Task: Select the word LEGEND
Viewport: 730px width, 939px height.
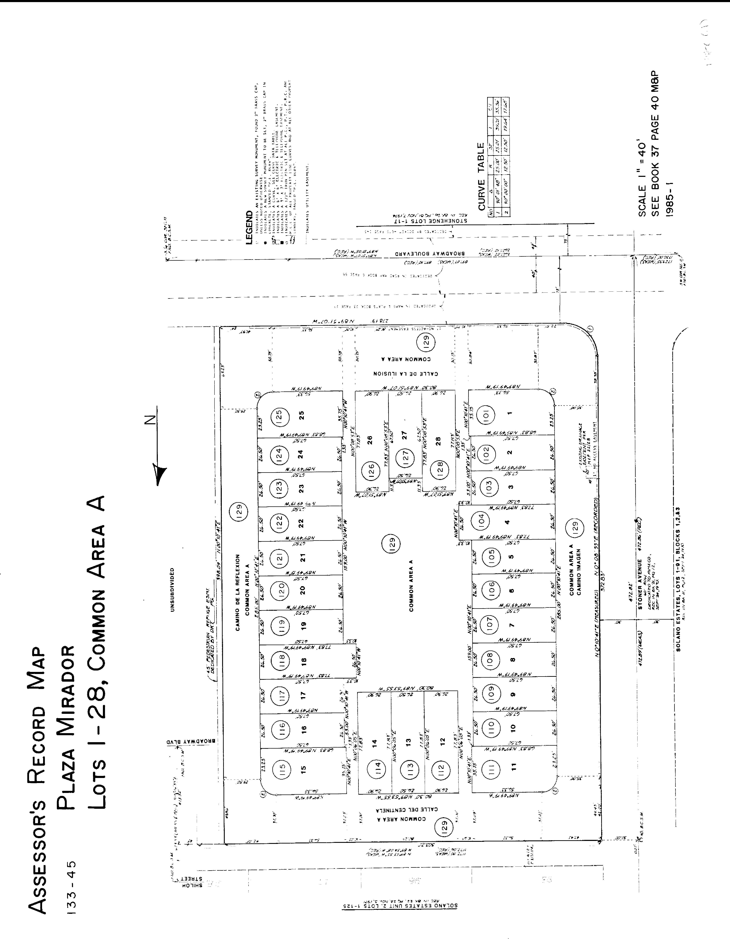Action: (248, 228)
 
